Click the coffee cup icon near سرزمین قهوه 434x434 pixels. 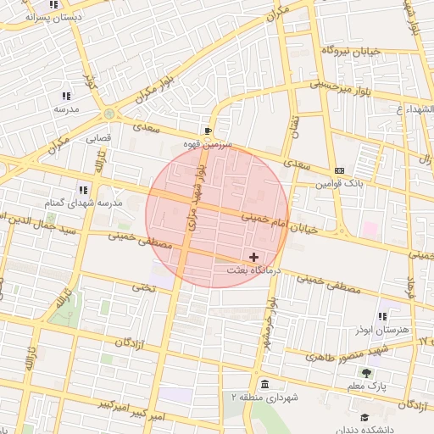(x=208, y=131)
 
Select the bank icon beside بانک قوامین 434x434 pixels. (x=339, y=170)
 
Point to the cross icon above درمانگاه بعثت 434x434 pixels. (x=253, y=256)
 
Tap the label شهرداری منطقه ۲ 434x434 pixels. (x=265, y=397)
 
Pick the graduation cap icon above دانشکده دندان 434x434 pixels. (x=364, y=417)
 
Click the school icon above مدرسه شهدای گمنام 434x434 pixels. (x=83, y=190)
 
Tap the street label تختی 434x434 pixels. (x=142, y=287)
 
